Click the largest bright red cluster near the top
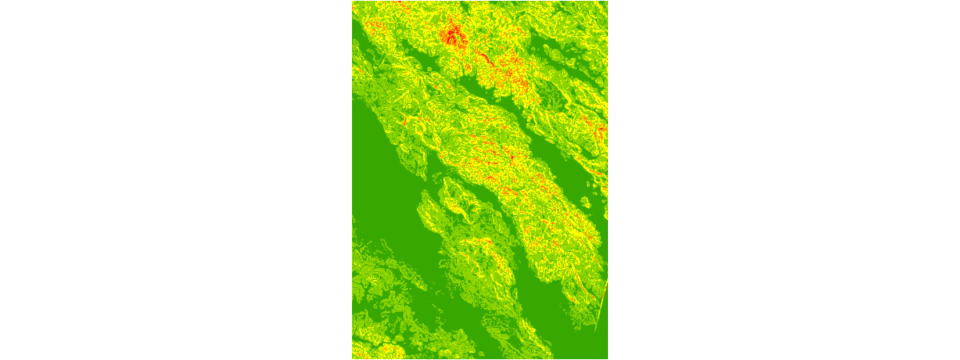pyautogui.click(x=454, y=35)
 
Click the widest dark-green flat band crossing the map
pyautogui.click(x=400, y=216)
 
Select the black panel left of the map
pyautogui.click(x=176, y=180)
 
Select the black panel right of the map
pyautogui.click(x=784, y=180)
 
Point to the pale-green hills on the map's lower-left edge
pyautogui.click(x=376, y=280)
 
